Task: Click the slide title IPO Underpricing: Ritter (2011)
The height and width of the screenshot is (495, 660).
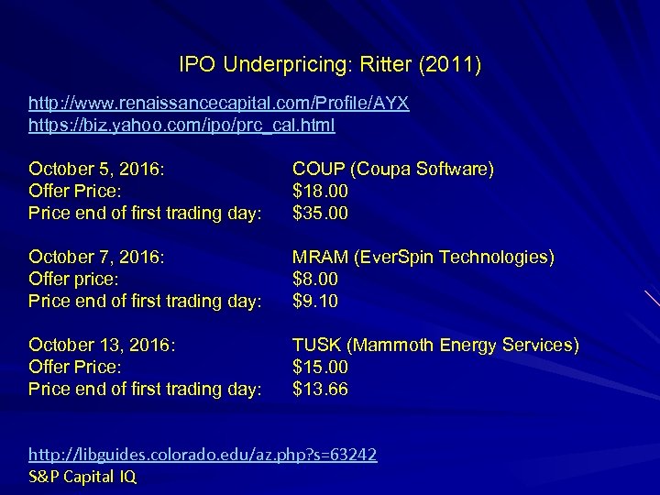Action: point(330,65)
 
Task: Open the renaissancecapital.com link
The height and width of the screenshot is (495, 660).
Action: point(219,104)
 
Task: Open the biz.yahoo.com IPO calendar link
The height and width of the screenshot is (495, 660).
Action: point(181,126)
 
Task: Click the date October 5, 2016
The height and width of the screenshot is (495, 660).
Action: point(96,169)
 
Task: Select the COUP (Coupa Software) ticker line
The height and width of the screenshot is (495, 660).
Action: point(392,169)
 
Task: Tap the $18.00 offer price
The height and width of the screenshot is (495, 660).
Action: point(320,191)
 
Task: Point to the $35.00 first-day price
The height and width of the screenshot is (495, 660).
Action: point(320,213)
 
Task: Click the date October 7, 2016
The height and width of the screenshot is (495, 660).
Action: point(96,257)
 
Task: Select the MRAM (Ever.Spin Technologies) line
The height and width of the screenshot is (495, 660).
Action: point(423,257)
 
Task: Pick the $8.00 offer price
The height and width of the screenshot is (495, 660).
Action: point(315,279)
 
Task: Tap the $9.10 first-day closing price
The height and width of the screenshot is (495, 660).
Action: point(315,301)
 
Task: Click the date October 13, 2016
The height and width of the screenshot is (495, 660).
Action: point(101,345)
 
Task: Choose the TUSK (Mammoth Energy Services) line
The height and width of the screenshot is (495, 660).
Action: point(435,345)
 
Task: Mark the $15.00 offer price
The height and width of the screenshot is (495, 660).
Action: point(320,367)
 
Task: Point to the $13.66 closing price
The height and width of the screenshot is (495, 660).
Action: point(320,389)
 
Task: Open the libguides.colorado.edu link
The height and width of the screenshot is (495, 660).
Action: point(203,454)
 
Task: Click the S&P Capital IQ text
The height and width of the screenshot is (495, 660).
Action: point(83,476)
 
